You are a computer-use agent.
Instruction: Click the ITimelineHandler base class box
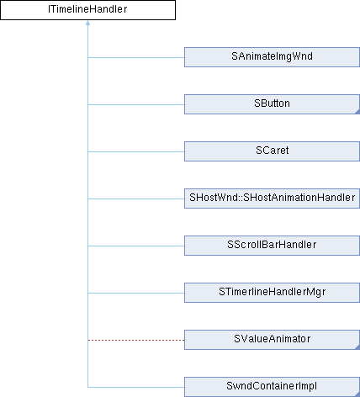click(x=87, y=10)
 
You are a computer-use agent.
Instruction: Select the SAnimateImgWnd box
click(x=272, y=57)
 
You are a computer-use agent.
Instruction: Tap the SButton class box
click(x=272, y=104)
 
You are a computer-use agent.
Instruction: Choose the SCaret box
click(x=272, y=151)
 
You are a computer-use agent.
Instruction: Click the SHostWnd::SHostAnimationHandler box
click(x=272, y=198)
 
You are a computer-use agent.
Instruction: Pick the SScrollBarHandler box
click(x=272, y=246)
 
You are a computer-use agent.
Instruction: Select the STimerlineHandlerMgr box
click(x=272, y=293)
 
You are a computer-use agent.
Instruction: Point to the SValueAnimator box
click(x=272, y=340)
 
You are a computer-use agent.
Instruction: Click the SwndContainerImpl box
click(x=272, y=387)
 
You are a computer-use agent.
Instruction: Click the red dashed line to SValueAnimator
click(x=136, y=340)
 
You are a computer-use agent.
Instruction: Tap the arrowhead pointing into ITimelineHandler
click(x=87, y=23)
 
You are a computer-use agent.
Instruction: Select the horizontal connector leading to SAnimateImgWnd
click(x=136, y=57)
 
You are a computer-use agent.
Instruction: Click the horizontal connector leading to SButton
click(x=136, y=104)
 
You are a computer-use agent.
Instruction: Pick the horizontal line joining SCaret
click(x=136, y=151)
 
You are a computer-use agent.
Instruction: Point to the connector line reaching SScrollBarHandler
click(x=136, y=246)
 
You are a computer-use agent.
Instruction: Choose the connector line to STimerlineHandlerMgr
click(x=136, y=293)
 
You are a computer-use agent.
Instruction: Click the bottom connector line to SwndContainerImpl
click(x=136, y=387)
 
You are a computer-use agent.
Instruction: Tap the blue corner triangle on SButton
click(x=357, y=112)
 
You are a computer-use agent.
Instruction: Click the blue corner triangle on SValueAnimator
click(x=357, y=347)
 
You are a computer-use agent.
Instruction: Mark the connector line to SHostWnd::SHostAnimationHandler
click(x=136, y=198)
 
